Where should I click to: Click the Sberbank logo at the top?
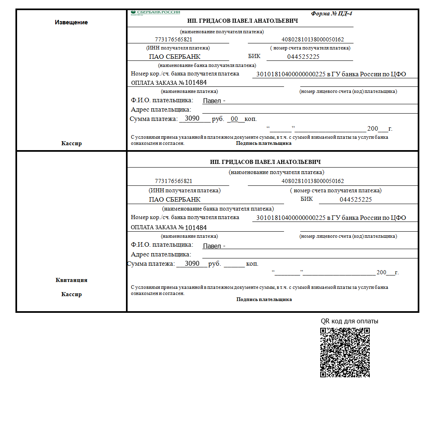pyautogui.click(x=155, y=13)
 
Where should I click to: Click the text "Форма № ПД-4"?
pyautogui.click(x=332, y=13)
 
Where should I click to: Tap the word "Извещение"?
pyautogui.click(x=71, y=22)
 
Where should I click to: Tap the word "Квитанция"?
pyautogui.click(x=71, y=280)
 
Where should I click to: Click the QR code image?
pyautogui.click(x=345, y=352)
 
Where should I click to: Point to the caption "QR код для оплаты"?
pyautogui.click(x=349, y=321)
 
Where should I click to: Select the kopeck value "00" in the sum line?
pyautogui.click(x=234, y=119)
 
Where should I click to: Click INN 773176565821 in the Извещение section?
pyautogui.click(x=174, y=40)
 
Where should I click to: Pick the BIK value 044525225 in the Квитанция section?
pyautogui.click(x=356, y=199)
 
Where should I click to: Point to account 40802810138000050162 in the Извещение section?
pyautogui.click(x=312, y=40)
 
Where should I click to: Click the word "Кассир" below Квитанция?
pyautogui.click(x=71, y=294)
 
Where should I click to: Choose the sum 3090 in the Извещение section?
pyautogui.click(x=192, y=118)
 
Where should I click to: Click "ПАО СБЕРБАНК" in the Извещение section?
pyautogui.click(x=175, y=57)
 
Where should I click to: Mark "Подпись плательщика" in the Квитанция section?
pyautogui.click(x=264, y=299)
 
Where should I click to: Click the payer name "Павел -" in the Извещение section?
pyautogui.click(x=214, y=101)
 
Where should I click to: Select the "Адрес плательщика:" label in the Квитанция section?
pyautogui.click(x=161, y=254)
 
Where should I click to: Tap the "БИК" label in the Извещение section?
pyautogui.click(x=254, y=56)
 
